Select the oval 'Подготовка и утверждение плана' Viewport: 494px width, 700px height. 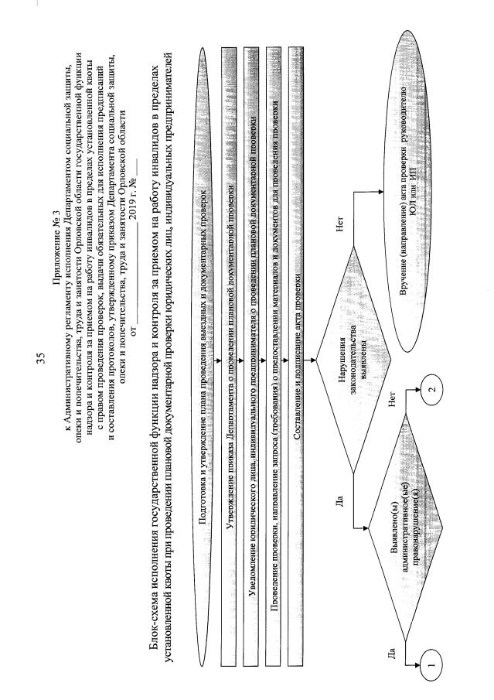(x=204, y=309)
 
